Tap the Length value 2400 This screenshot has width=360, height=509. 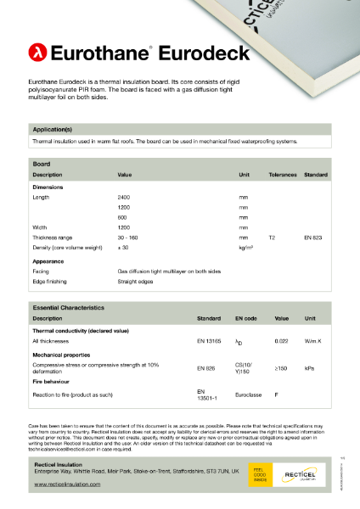pyautogui.click(x=124, y=196)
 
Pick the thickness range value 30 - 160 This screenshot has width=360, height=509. pyautogui.click(x=129, y=238)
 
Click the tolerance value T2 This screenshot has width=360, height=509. pyautogui.click(x=273, y=238)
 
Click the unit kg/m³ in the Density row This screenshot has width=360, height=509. pyautogui.click(x=247, y=249)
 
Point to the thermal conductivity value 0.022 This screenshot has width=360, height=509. pyautogui.click(x=281, y=340)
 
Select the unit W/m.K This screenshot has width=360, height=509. pyautogui.click(x=314, y=340)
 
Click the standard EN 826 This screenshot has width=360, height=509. pyautogui.click(x=206, y=368)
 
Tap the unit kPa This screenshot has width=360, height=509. pyautogui.click(x=310, y=368)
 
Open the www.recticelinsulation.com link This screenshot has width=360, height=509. pyautogui.click(x=67, y=484)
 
